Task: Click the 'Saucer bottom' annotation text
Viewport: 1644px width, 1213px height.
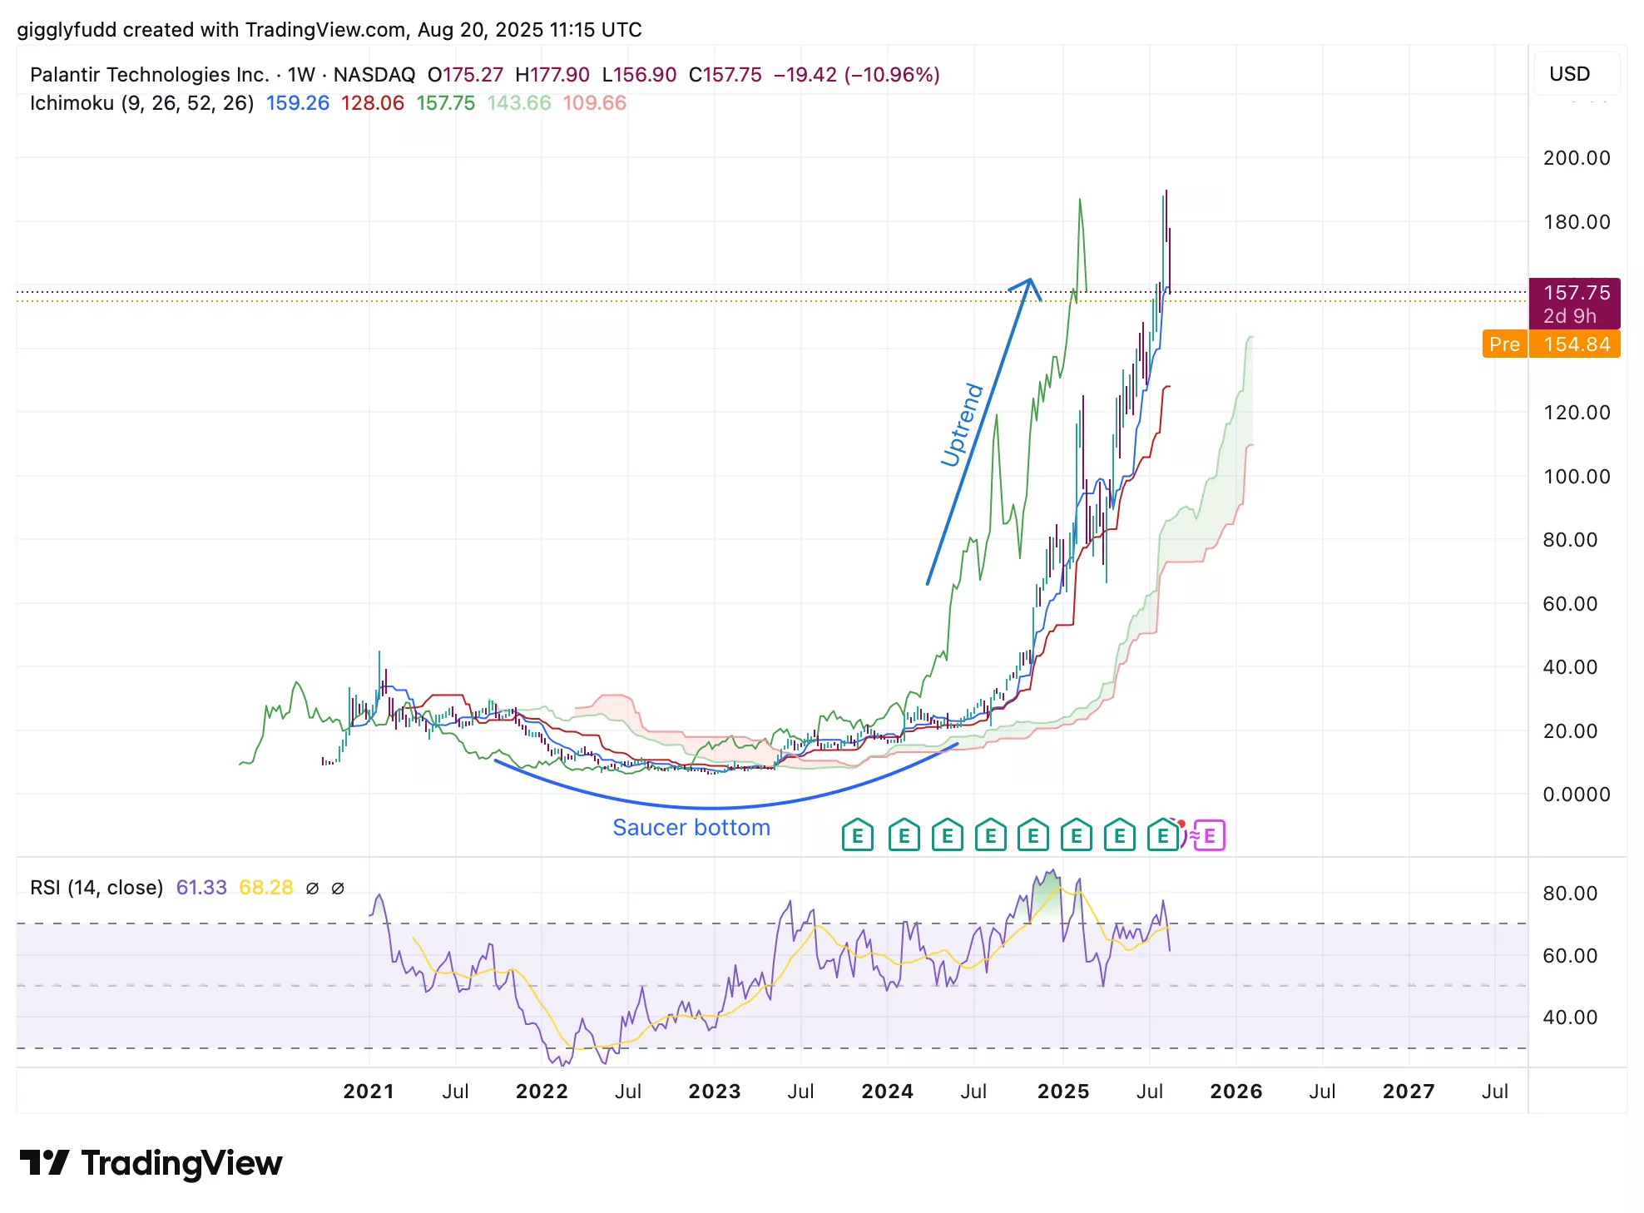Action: (691, 828)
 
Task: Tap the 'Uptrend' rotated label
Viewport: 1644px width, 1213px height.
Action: (962, 425)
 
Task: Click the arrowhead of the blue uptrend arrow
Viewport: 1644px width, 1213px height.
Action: (1029, 285)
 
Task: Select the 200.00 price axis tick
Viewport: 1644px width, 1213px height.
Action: (1576, 158)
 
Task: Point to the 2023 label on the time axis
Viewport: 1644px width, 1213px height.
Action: (714, 1092)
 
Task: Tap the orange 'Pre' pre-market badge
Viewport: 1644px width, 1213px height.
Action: (1504, 344)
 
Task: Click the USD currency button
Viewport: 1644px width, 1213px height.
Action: (1569, 74)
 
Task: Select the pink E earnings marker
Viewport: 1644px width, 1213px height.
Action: (1210, 835)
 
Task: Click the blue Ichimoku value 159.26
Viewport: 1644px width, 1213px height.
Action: (297, 103)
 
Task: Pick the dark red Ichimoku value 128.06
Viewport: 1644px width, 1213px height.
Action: (372, 103)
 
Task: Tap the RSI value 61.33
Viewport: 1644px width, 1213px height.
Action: (201, 888)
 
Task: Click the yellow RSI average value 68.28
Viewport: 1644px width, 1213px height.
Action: (265, 888)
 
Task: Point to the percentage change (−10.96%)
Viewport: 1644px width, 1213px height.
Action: (892, 75)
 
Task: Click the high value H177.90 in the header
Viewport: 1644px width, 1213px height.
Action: (552, 75)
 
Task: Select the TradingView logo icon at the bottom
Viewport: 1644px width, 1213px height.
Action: (44, 1162)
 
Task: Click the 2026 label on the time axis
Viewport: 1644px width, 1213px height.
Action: (1235, 1092)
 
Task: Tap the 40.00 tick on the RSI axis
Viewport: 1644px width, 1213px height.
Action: (1569, 1017)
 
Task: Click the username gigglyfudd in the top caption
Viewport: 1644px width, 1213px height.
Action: (67, 30)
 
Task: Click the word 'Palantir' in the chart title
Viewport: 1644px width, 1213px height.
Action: (66, 75)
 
